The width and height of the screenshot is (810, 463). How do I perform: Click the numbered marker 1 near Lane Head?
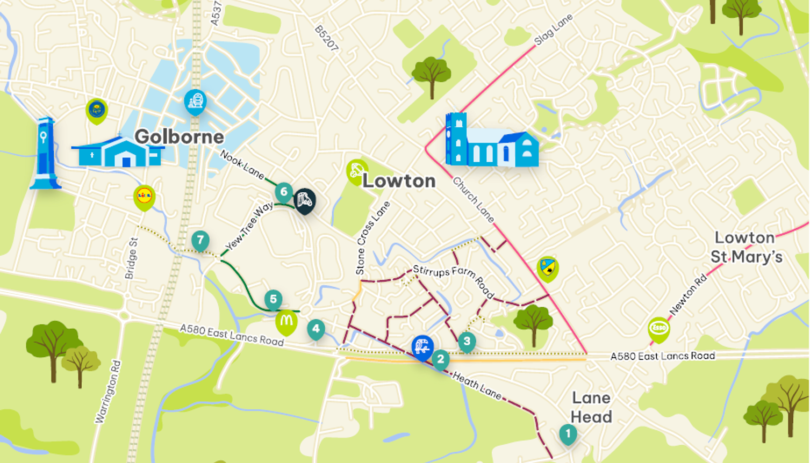pos(568,433)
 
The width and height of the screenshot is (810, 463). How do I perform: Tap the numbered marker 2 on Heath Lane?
pos(440,359)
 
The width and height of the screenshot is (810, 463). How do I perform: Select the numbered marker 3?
pos(467,341)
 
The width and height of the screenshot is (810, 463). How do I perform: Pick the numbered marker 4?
pos(316,329)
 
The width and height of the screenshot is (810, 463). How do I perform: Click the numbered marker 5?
pos(273,299)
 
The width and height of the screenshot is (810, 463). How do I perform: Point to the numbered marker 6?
pos(284,192)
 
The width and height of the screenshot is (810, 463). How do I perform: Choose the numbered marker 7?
pos(200,240)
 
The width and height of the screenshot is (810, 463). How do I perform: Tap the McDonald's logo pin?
pos(286,321)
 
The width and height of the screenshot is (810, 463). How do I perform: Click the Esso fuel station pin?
pos(658,328)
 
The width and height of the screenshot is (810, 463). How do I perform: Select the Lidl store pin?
pos(144,196)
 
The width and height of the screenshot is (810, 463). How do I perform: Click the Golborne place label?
pos(179,136)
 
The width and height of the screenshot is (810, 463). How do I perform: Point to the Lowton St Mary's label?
pos(746,247)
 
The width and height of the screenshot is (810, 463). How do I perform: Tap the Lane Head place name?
pos(591,407)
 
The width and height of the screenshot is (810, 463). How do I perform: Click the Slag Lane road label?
pos(553,30)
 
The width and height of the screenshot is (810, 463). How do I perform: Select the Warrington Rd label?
pos(108,392)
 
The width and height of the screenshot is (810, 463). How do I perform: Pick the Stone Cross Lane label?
pos(372,238)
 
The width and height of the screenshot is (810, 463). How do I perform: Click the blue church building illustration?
pos(491,141)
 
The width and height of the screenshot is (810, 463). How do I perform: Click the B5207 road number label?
pos(327,39)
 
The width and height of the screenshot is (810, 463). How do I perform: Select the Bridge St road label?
pos(132,258)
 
